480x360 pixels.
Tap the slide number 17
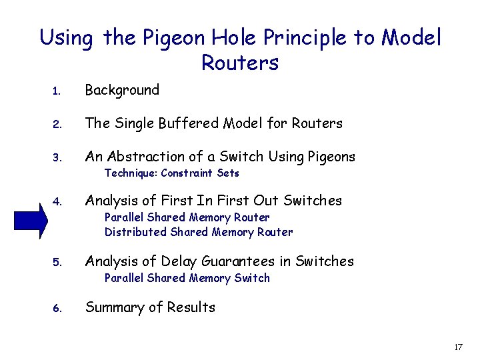pos(458,347)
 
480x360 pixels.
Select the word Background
pos(122,90)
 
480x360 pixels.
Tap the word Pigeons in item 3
pos(331,157)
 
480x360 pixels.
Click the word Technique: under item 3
pos(131,173)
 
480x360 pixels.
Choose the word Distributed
pos(136,232)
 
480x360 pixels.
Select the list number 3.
pos(57,158)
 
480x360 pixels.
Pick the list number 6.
pos(57,309)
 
